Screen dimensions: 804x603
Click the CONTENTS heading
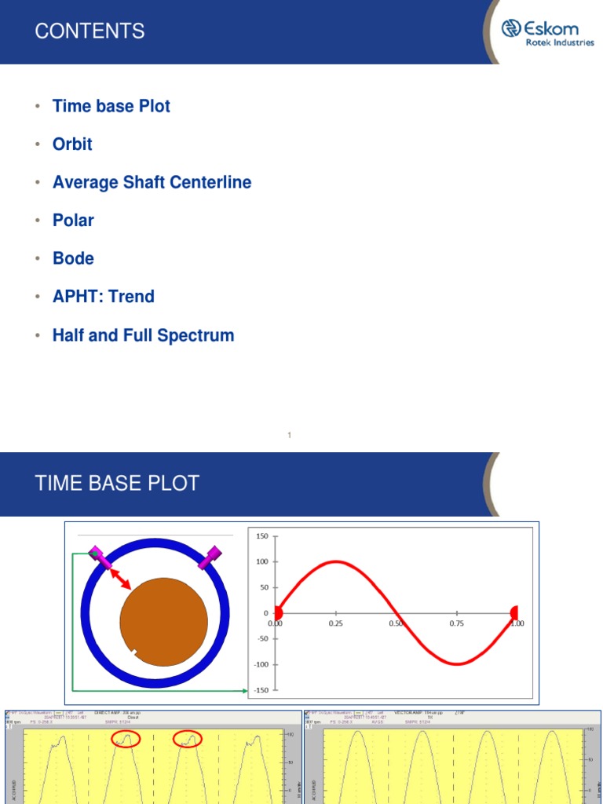[x=90, y=31]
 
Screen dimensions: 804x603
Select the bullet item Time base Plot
[x=111, y=106]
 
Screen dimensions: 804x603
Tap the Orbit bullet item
[x=72, y=144]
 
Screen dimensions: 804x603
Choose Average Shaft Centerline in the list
[x=152, y=183]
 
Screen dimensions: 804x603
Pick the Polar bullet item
[x=73, y=221]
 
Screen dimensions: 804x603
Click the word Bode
[x=73, y=259]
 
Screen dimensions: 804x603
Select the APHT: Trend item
[x=103, y=297]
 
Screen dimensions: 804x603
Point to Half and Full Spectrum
[x=143, y=335]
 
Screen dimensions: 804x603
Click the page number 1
[x=290, y=435]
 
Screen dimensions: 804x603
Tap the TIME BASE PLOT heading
[x=117, y=483]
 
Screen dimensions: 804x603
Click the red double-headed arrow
[x=119, y=579]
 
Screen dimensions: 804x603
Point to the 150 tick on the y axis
[x=261, y=536]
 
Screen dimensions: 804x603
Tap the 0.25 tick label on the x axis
[x=336, y=623]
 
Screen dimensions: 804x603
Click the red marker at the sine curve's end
[x=514, y=612]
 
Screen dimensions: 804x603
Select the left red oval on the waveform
[x=126, y=738]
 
